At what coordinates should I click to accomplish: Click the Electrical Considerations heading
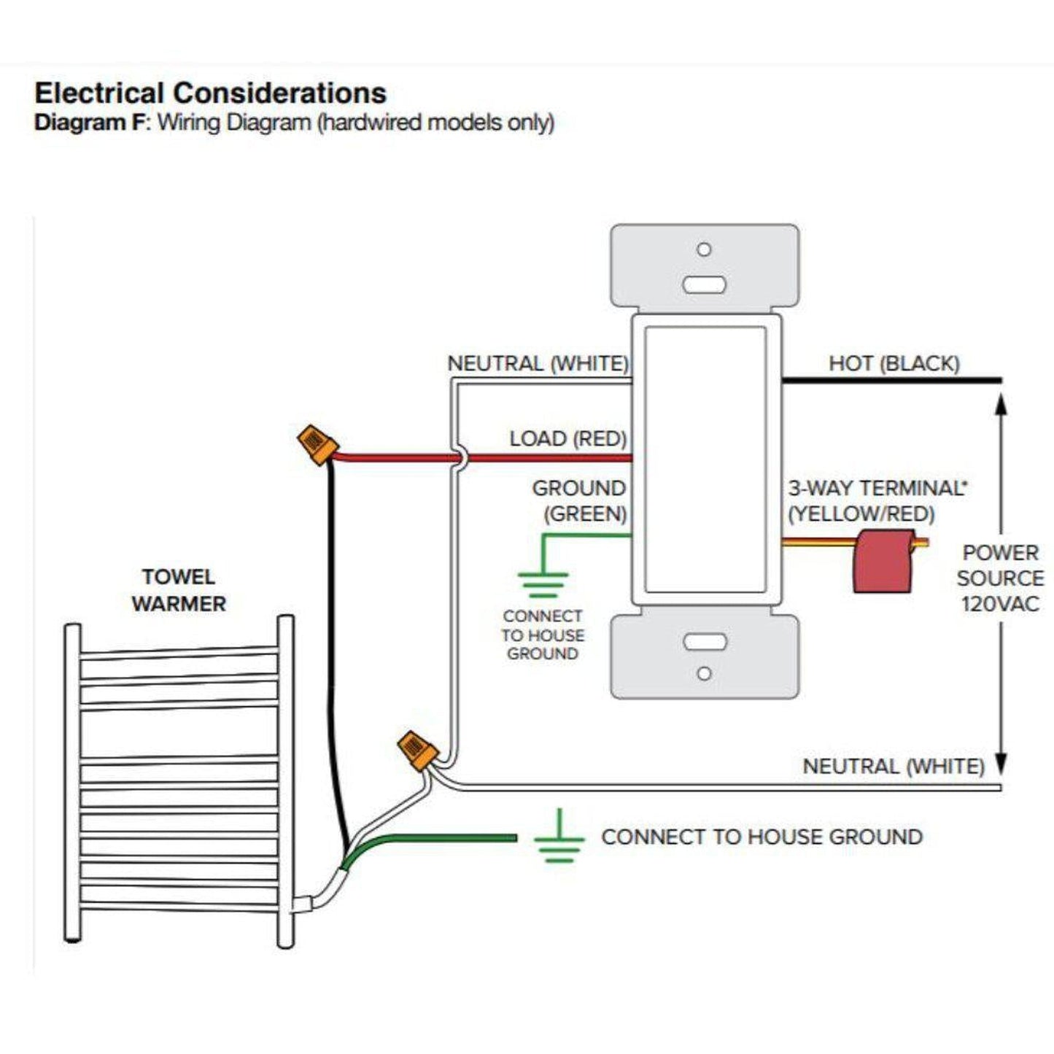pyautogui.click(x=210, y=93)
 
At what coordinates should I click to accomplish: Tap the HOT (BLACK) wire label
pyautogui.click(x=894, y=363)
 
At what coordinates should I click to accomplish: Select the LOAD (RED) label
pyautogui.click(x=567, y=438)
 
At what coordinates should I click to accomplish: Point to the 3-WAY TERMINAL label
pyautogui.click(x=876, y=488)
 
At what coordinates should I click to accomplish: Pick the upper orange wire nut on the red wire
pyautogui.click(x=317, y=444)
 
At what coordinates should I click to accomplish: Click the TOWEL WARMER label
pyautogui.click(x=179, y=590)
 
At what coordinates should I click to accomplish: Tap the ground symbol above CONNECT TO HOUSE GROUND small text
pyautogui.click(x=543, y=582)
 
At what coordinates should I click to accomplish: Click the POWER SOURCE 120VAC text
pyautogui.click(x=999, y=578)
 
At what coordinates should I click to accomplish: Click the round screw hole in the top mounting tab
pyautogui.click(x=704, y=249)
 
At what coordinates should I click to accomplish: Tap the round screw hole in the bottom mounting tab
pyautogui.click(x=704, y=673)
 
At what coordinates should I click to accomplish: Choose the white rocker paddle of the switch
pyautogui.click(x=705, y=460)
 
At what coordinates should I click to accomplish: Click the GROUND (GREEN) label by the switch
pyautogui.click(x=580, y=500)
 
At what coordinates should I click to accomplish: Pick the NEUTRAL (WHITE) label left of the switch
pyautogui.click(x=538, y=363)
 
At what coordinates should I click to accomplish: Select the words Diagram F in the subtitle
pyautogui.click(x=90, y=123)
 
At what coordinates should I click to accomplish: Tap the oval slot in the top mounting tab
pyautogui.click(x=704, y=284)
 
